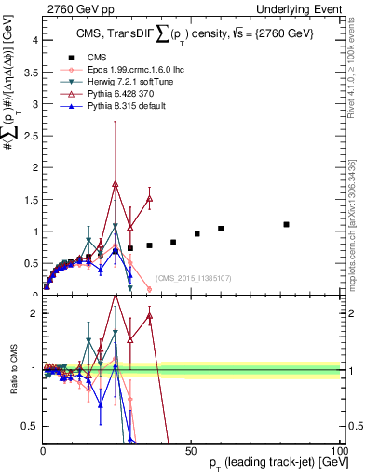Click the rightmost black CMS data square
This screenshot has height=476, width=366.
pos(287,224)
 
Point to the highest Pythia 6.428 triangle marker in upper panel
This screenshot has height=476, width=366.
pos(115,184)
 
